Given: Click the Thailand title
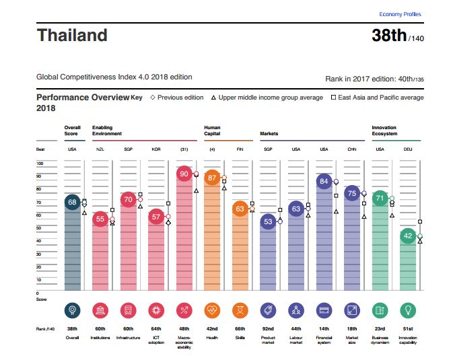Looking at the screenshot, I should [72, 34].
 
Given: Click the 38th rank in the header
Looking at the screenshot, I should [389, 35].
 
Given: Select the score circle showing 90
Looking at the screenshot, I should [183, 174].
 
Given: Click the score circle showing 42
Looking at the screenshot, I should [407, 236].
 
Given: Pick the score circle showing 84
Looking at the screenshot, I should [324, 181].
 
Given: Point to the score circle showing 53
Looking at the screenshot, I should [268, 221].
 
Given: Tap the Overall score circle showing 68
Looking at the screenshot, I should [71, 202].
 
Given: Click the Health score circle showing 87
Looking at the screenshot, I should [211, 178].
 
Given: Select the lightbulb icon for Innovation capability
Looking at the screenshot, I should [407, 310].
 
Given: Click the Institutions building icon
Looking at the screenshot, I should [100, 310].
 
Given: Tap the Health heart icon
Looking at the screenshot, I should [211, 310].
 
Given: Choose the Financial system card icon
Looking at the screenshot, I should [324, 310].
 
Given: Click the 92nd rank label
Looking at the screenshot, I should [268, 328].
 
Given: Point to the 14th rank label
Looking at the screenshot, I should [324, 328].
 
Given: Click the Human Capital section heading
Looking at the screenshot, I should [212, 131].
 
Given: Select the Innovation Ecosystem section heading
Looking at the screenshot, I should [384, 131].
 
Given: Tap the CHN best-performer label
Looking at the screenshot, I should [351, 149].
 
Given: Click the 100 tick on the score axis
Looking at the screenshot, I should [39, 164].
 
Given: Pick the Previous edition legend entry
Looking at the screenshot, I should [176, 98].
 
